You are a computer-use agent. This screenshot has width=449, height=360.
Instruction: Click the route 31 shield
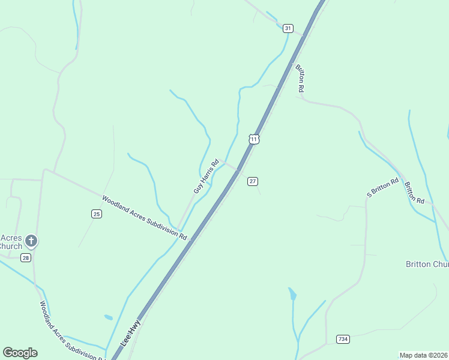pyautogui.click(x=288, y=28)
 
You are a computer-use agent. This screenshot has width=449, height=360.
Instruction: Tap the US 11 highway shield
pyautogui.click(x=255, y=139)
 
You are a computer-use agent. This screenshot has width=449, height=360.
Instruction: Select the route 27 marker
pyautogui.click(x=253, y=181)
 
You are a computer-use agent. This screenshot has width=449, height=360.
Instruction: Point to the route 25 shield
pyautogui.click(x=96, y=214)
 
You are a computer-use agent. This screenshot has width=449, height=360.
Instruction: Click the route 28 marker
pyautogui.click(x=25, y=257)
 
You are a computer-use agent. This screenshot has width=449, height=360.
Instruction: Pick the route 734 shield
pyautogui.click(x=343, y=339)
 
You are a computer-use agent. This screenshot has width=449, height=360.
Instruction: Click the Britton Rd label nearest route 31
pyautogui.click(x=300, y=78)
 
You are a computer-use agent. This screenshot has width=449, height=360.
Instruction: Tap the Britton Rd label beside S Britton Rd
pyautogui.click(x=414, y=192)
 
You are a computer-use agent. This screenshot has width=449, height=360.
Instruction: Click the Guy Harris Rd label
pyautogui.click(x=206, y=176)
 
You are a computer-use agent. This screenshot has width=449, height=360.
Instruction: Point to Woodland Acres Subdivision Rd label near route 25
pyautogui.click(x=144, y=218)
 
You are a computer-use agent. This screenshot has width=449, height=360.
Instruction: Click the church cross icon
pyautogui.click(x=31, y=242)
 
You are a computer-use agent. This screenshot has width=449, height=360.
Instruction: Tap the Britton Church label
pyautogui.click(x=427, y=265)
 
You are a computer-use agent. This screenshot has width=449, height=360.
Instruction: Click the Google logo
pyautogui.click(x=20, y=353)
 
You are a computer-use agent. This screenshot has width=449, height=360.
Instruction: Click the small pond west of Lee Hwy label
pyautogui.click(x=108, y=317)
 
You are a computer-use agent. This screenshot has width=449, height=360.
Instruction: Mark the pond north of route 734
pyautogui.click(x=292, y=294)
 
